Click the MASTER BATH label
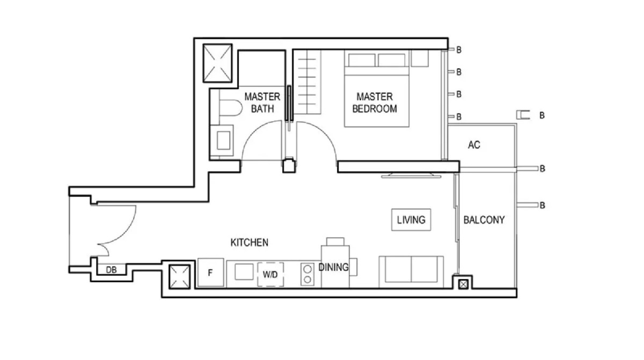click(x=262, y=102)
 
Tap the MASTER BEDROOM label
click(x=375, y=102)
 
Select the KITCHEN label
click(x=249, y=243)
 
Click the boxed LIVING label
click(x=411, y=219)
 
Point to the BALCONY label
click(x=484, y=219)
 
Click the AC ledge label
click(x=474, y=145)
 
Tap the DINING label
click(x=333, y=267)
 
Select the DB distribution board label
click(x=111, y=270)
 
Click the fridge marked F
click(x=210, y=273)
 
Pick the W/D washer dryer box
click(x=270, y=274)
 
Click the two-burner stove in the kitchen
click(x=307, y=274)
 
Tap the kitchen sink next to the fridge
click(x=244, y=272)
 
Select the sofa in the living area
click(x=411, y=271)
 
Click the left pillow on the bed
click(x=362, y=60)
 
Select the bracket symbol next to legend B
click(x=523, y=115)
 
